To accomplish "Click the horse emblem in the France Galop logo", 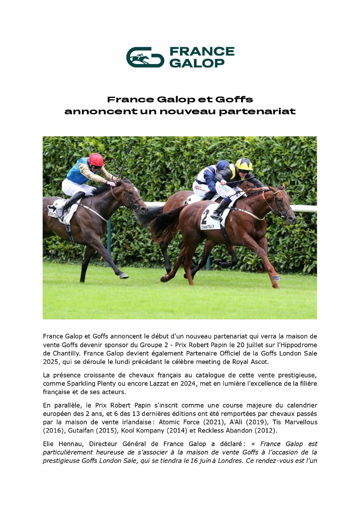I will point(145,57).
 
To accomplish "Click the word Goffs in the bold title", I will point(234,100).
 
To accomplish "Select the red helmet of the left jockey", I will point(96,159).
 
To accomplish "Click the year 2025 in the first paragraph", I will point(52,362).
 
